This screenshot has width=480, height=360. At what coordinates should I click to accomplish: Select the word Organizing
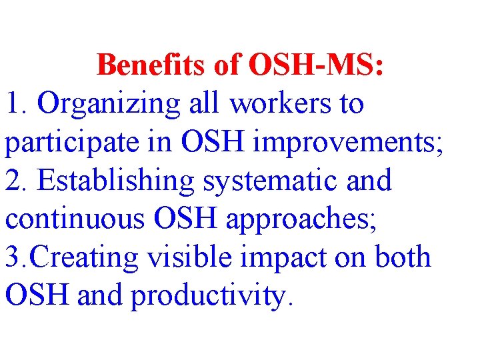click(109, 105)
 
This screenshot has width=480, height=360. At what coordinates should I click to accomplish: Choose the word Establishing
click(116, 181)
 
